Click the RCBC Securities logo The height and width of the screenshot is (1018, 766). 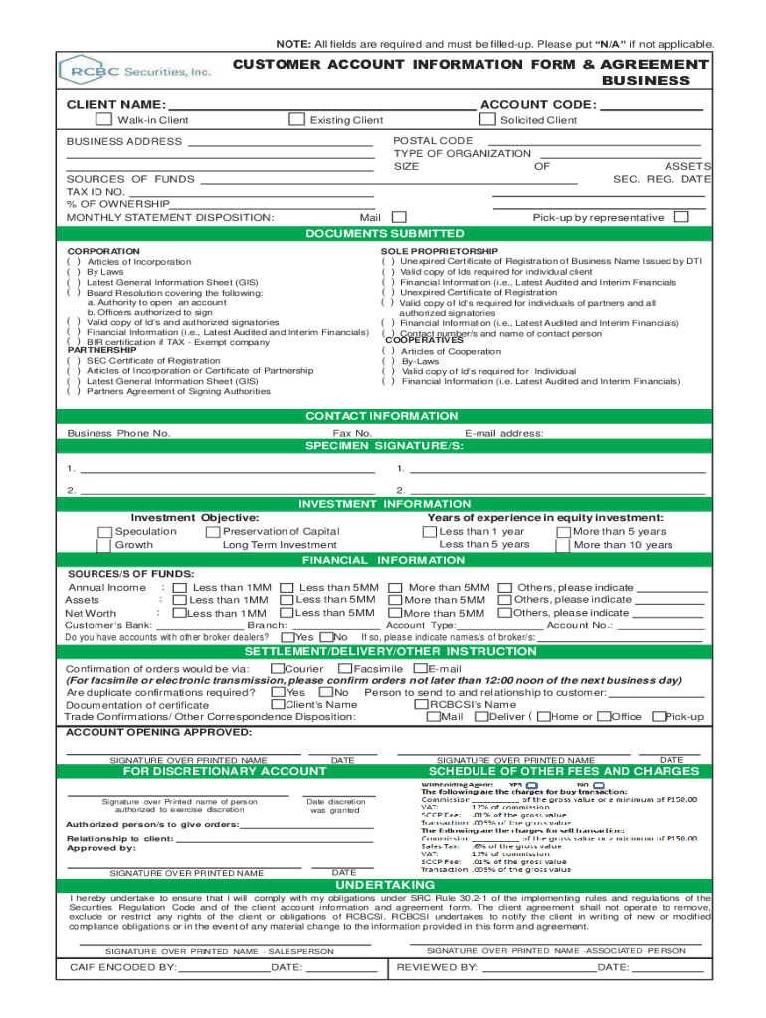[x=135, y=71]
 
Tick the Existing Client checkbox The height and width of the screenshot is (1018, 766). [x=295, y=120]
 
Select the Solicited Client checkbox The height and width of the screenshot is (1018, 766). [x=486, y=120]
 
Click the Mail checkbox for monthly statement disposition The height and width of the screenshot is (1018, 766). [x=399, y=217]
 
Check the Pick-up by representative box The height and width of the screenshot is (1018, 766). [x=681, y=217]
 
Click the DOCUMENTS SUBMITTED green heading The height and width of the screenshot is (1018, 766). [x=384, y=233]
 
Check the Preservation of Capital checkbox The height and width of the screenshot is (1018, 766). [x=213, y=532]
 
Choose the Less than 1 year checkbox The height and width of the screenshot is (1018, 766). [x=429, y=532]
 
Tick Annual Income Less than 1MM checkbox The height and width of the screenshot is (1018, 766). [x=181, y=588]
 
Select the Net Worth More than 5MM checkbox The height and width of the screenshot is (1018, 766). [x=394, y=614]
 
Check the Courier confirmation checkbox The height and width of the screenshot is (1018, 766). [x=278, y=669]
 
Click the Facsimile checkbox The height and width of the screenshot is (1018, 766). [x=346, y=669]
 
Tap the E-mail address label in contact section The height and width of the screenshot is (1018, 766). [x=504, y=434]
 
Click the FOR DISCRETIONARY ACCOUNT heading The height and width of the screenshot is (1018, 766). [x=224, y=772]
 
